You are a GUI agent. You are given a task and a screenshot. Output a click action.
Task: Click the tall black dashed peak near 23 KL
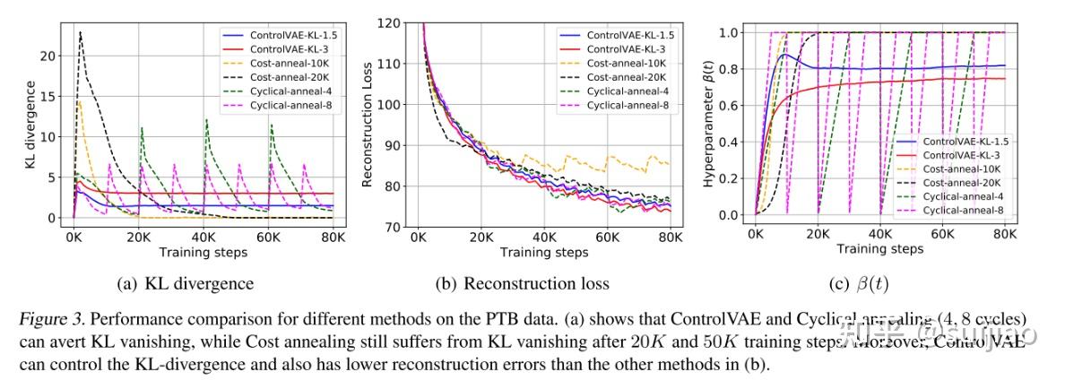pos(81,32)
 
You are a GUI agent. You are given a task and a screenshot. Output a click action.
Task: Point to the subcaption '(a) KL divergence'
pos(186,284)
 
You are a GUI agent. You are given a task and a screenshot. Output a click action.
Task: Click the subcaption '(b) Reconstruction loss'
pos(523,284)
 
